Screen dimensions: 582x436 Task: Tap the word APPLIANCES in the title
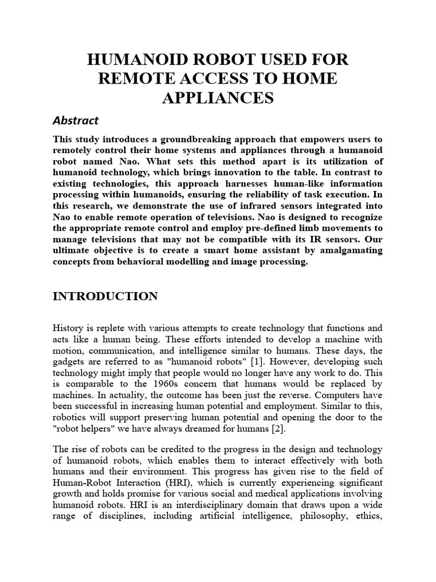click(219, 98)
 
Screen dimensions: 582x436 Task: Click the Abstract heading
click(76, 120)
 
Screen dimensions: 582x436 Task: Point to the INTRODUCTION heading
click(105, 296)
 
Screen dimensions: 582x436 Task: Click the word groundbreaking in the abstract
click(177, 139)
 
